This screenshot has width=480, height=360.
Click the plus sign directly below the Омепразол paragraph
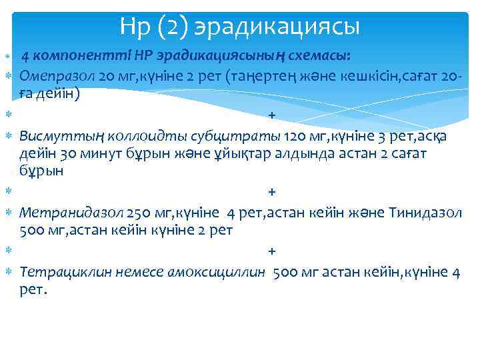pyautogui.click(x=271, y=115)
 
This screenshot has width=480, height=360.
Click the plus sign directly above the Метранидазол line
pyautogui.click(x=271, y=192)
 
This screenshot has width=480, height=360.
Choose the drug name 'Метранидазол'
pyautogui.click(x=71, y=213)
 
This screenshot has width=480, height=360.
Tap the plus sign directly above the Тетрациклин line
pyautogui.click(x=271, y=251)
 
